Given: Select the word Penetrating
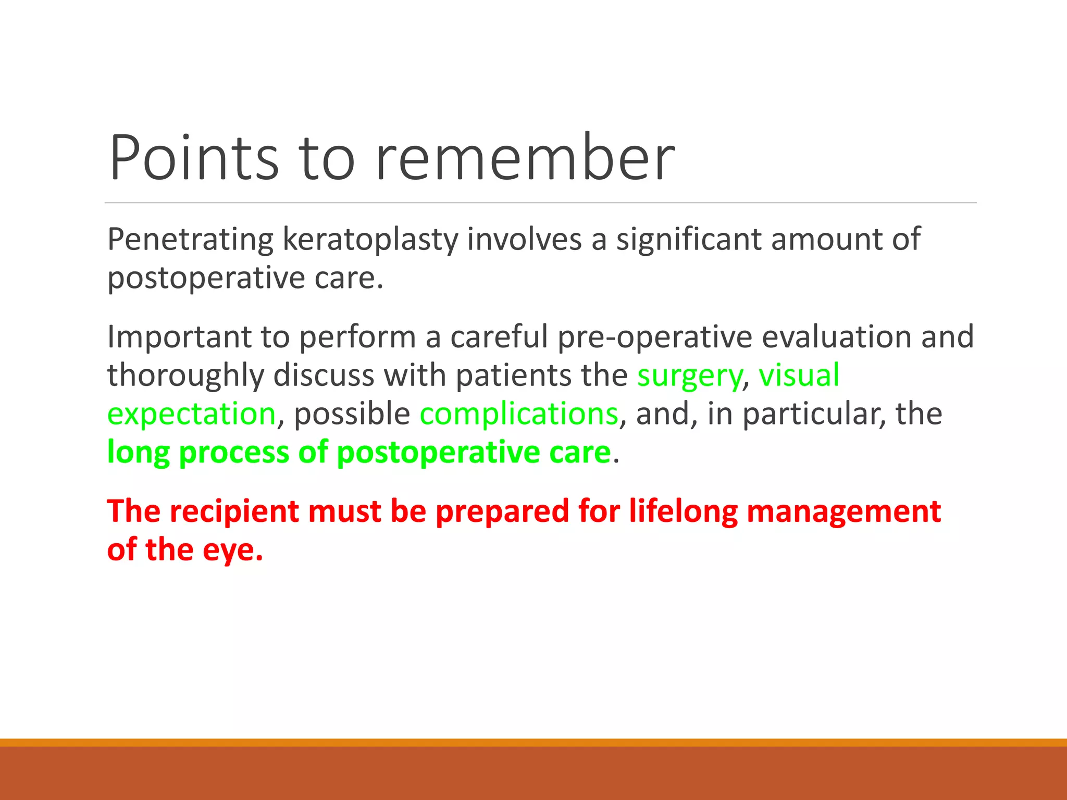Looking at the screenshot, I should (190, 240).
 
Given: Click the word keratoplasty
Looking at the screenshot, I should (370, 241).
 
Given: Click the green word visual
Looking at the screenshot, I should (799, 375).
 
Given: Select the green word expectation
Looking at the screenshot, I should (191, 415).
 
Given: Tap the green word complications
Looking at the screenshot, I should (519, 415).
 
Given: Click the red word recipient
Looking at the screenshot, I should (234, 512).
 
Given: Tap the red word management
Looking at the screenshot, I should (843, 512).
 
